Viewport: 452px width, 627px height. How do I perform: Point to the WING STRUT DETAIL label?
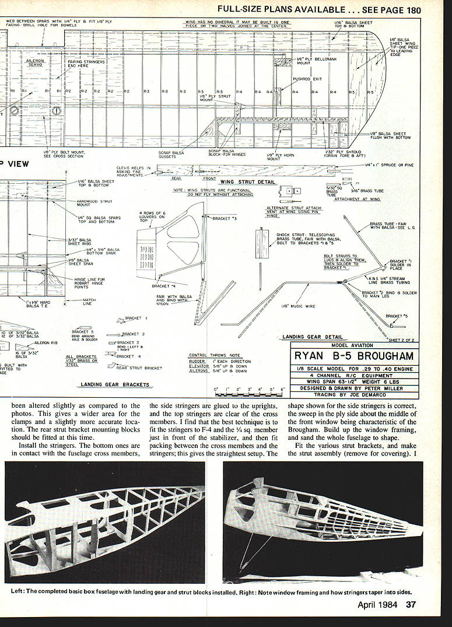(247, 182)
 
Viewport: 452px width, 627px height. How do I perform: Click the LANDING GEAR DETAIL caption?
(304, 337)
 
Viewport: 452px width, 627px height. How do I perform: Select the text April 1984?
(377, 605)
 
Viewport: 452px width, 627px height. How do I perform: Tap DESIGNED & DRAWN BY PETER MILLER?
(355, 388)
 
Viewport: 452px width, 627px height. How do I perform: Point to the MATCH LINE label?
(87, 302)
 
